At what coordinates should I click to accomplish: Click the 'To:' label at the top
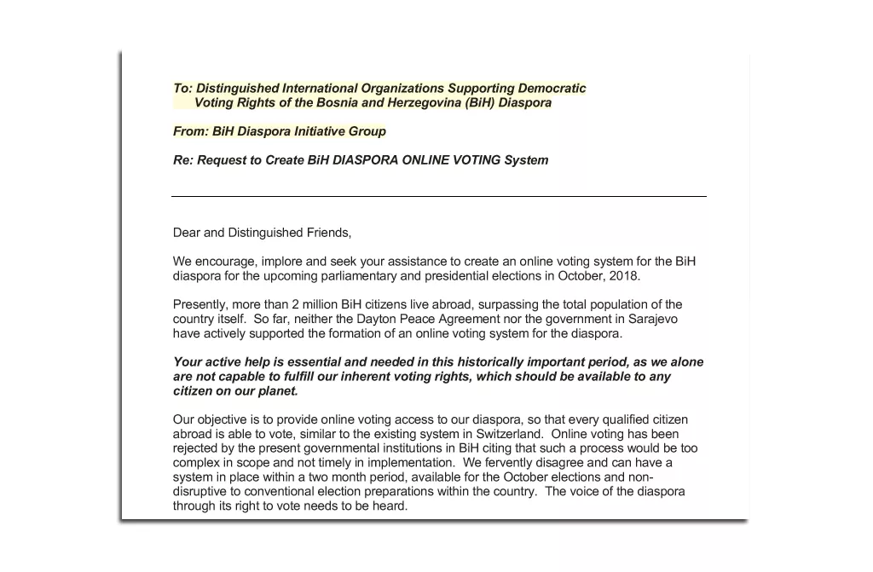(x=182, y=89)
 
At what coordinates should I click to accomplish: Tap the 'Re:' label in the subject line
(x=183, y=160)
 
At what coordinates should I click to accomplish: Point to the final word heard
(x=391, y=506)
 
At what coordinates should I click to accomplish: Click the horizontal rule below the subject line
(x=438, y=196)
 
